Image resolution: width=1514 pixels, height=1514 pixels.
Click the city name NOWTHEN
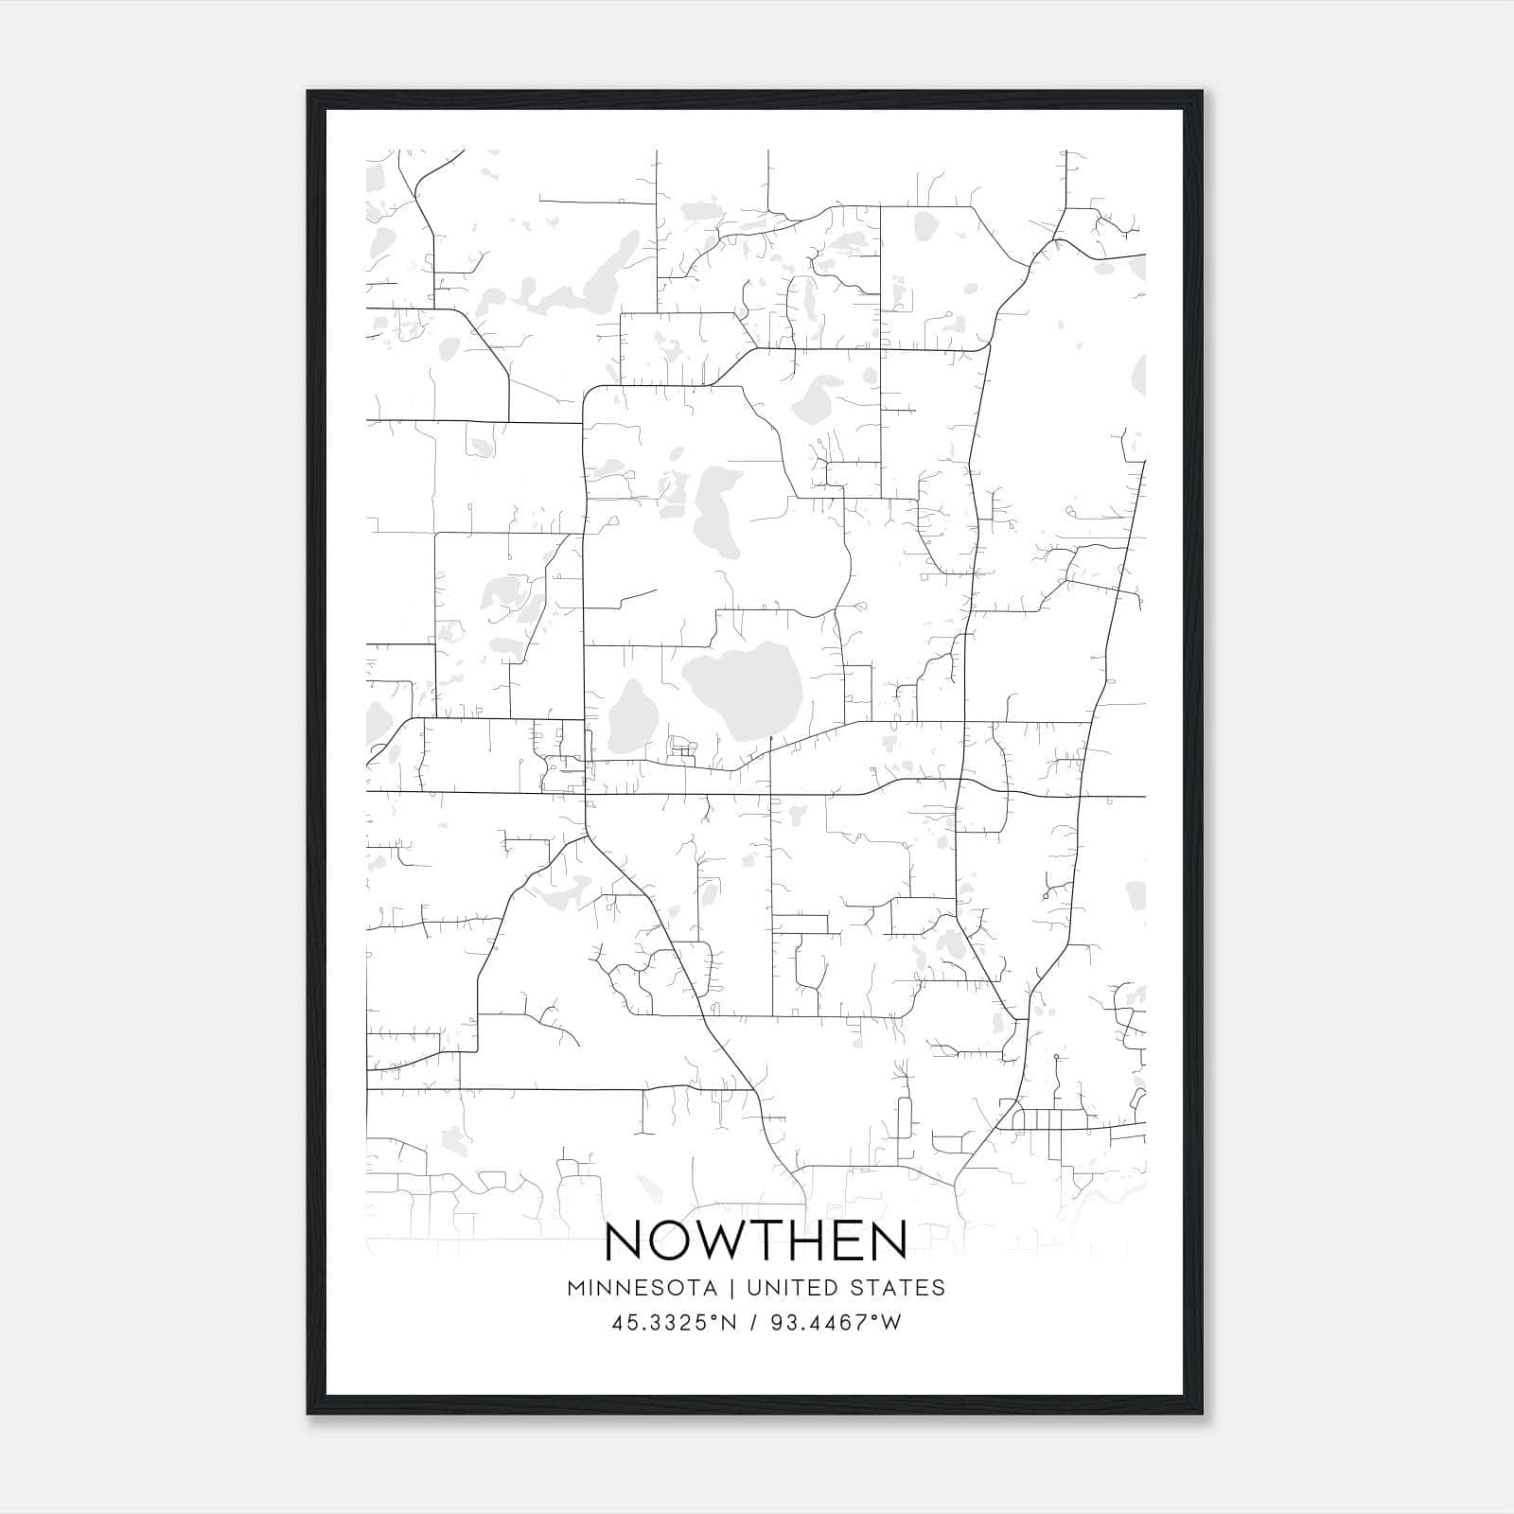[x=755, y=1241]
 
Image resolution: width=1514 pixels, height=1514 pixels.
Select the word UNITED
[x=792, y=1288]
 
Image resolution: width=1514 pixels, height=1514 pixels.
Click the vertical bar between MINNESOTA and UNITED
[x=737, y=1288]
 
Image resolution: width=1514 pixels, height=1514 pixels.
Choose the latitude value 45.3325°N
[x=673, y=1323]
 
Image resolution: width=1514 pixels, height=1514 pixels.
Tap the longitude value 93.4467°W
[x=836, y=1323]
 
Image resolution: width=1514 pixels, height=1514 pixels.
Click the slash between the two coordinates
[x=754, y=1323]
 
